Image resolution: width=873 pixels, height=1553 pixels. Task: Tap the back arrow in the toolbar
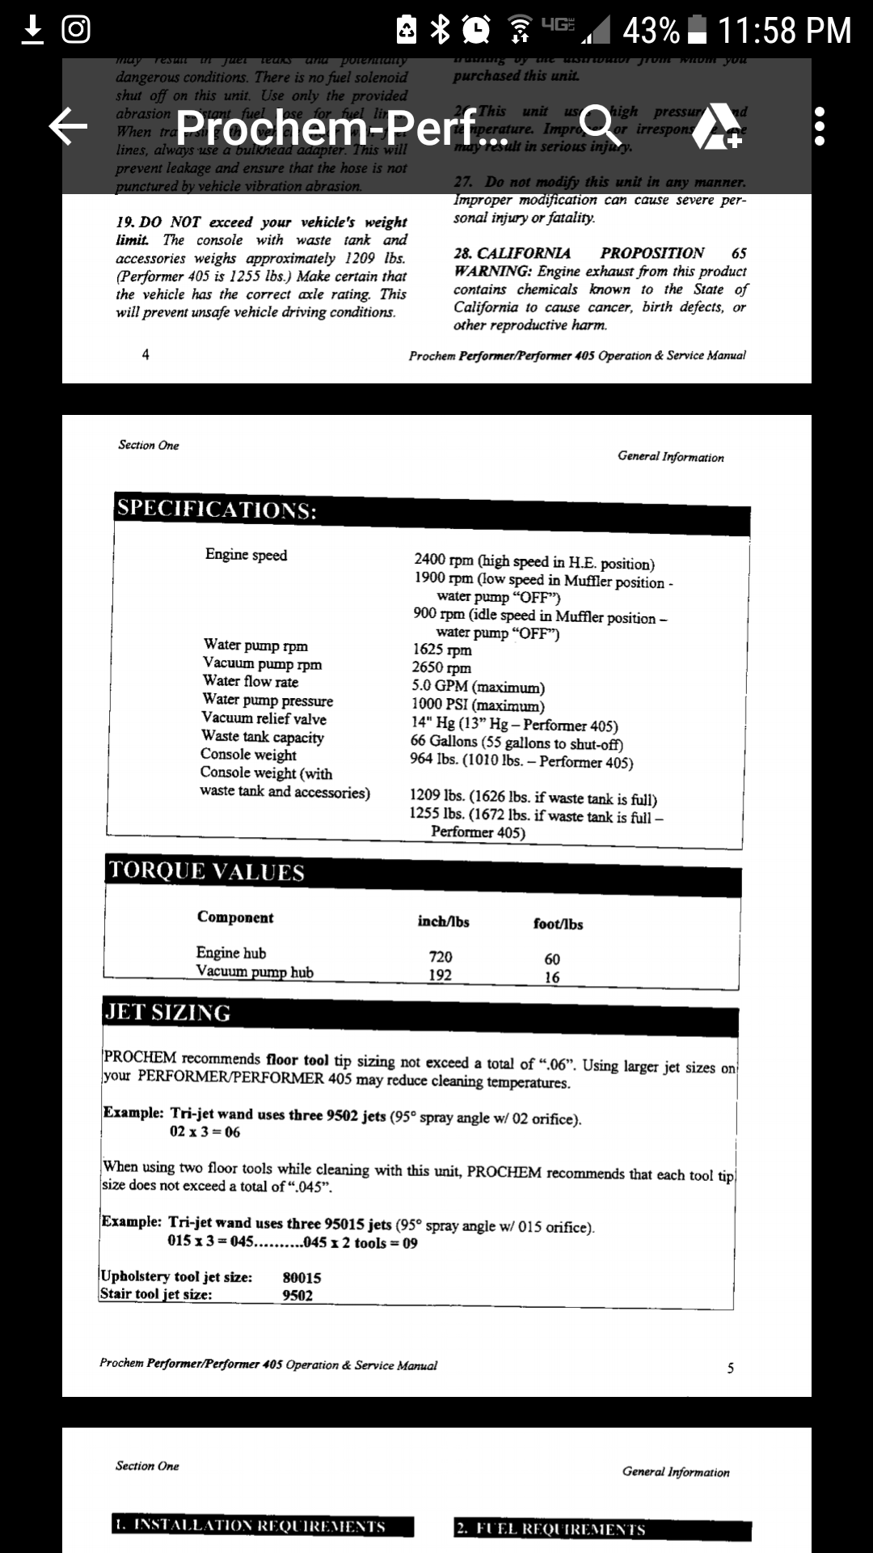(69, 127)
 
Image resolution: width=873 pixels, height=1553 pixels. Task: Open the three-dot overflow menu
(820, 127)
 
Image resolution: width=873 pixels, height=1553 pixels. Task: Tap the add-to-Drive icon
(716, 127)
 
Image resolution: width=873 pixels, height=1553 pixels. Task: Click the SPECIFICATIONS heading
(217, 509)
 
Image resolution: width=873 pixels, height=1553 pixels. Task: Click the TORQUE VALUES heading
(206, 870)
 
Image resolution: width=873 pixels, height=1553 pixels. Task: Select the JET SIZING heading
(167, 1012)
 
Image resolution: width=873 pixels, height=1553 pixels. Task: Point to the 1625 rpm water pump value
(441, 650)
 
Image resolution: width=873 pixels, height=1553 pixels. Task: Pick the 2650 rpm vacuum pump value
(441, 668)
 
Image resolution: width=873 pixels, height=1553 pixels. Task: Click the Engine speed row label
(246, 555)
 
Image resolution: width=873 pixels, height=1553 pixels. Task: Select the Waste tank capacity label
(263, 737)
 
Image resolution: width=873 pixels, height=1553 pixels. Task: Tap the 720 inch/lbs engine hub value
(441, 957)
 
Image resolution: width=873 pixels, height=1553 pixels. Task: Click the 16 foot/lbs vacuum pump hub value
(552, 977)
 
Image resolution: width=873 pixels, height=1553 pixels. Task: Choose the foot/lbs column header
(558, 924)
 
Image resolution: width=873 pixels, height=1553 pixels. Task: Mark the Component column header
(235, 917)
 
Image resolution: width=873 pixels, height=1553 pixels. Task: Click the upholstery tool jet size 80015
(302, 1278)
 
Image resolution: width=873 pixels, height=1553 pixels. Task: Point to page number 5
(731, 1368)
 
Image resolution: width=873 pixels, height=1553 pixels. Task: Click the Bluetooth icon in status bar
(441, 31)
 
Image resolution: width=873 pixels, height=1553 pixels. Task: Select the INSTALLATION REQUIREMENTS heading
(263, 1526)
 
